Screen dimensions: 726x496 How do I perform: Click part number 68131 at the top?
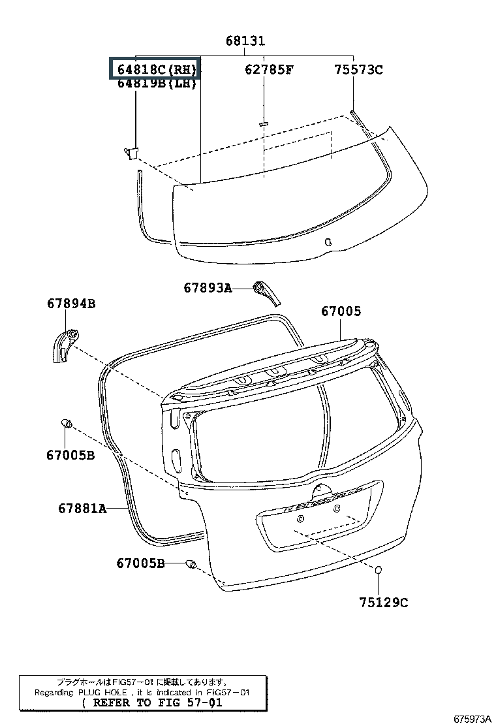pyautogui.click(x=245, y=41)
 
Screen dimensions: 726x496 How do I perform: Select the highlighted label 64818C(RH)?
pyautogui.click(x=155, y=69)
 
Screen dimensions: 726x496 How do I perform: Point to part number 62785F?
pyautogui.click(x=269, y=69)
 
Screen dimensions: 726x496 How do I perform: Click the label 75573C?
pyautogui.click(x=358, y=69)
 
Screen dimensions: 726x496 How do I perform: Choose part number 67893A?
pyautogui.click(x=208, y=287)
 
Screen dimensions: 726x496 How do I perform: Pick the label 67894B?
pyautogui.click(x=71, y=304)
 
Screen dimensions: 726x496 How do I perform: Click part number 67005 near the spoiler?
pyautogui.click(x=341, y=312)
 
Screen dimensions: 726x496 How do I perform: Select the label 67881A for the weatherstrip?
pyautogui.click(x=82, y=508)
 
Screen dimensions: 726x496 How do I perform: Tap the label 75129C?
pyautogui.click(x=383, y=603)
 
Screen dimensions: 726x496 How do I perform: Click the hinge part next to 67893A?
pyautogui.click(x=266, y=291)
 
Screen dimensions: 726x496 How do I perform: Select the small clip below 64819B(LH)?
pyautogui.click(x=131, y=152)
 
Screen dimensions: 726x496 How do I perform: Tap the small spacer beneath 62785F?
pyautogui.click(x=264, y=122)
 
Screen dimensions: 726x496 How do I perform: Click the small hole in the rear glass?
pyautogui.click(x=328, y=242)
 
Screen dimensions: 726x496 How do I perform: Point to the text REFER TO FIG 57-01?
pyautogui.click(x=153, y=703)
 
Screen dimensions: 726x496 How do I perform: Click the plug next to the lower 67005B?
pyautogui.click(x=191, y=564)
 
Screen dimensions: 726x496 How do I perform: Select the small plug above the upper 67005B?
pyautogui.click(x=66, y=424)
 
